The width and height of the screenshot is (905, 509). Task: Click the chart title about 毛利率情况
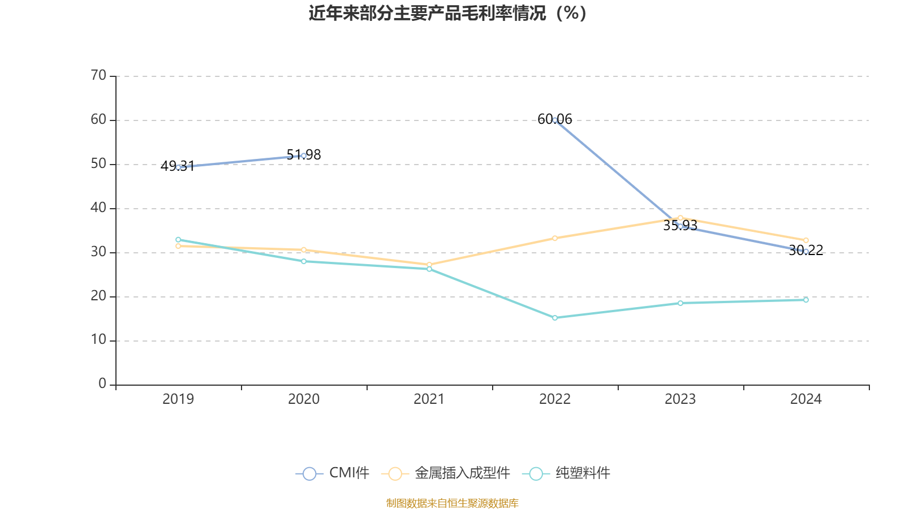point(447,14)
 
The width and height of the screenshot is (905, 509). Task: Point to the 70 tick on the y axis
point(98,76)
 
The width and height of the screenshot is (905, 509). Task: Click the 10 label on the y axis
point(98,340)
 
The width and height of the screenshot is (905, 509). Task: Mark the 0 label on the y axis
point(102,384)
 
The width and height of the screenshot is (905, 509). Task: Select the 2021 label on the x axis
point(429,399)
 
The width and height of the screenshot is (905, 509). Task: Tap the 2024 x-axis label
point(805,399)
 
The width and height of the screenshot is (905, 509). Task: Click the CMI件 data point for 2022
point(555,120)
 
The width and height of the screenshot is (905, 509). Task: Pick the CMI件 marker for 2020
point(304,156)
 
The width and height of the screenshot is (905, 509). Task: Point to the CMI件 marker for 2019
point(178,167)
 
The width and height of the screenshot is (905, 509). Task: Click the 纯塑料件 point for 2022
point(555,318)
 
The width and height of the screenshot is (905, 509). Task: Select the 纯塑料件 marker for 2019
point(178,240)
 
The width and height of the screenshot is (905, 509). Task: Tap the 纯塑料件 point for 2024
point(806,300)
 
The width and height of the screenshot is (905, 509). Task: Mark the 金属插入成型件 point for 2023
point(680,218)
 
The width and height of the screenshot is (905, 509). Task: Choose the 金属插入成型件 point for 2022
point(555,238)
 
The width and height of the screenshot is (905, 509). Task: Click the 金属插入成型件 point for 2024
point(806,240)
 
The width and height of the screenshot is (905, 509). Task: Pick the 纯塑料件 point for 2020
point(304,261)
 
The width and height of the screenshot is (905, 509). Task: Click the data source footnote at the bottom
point(452,503)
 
